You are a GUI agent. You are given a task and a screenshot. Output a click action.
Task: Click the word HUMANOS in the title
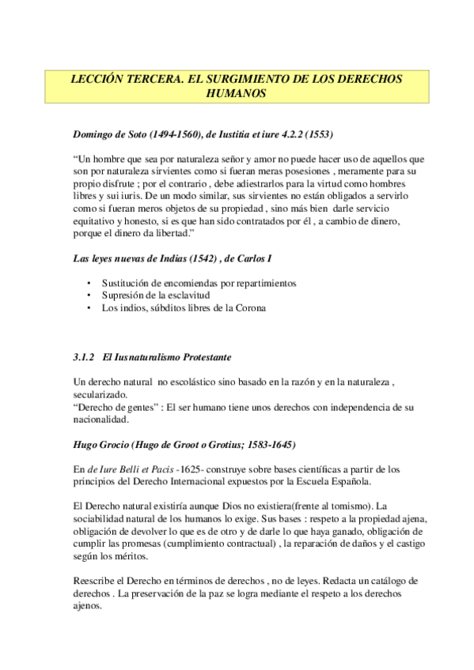click(237, 92)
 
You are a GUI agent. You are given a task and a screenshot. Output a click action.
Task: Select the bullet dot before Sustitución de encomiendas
click(91, 284)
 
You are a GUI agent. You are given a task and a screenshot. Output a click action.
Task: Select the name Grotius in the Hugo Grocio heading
click(240, 444)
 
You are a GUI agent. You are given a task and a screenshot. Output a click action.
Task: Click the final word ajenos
click(86, 607)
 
